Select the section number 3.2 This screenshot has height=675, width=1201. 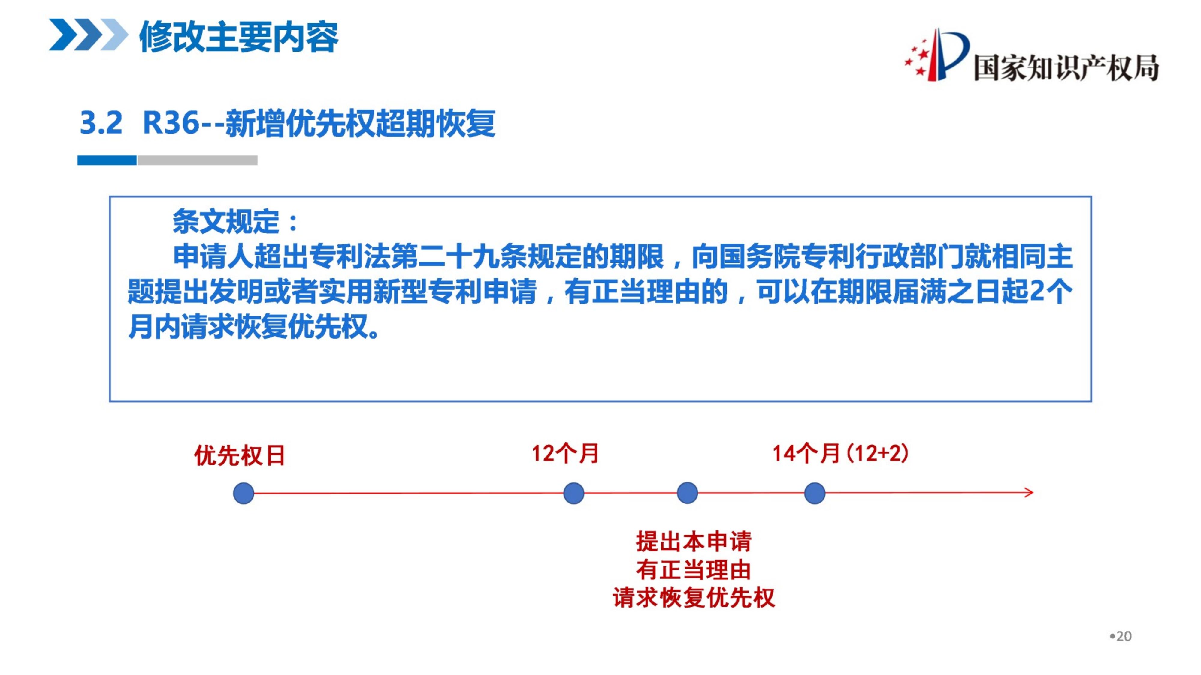pos(101,123)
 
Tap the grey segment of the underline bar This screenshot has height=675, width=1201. pos(197,160)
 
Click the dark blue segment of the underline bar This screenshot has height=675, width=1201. pos(107,160)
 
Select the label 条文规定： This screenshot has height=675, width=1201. pos(235,221)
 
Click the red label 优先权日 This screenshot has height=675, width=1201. pos(240,455)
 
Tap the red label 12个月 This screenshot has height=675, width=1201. pos(565,453)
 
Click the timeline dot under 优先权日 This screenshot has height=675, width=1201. pos(244,493)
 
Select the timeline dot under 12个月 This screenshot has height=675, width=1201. pos(573,493)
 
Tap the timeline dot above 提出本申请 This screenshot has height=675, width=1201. pos(687,493)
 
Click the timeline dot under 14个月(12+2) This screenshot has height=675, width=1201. pos(815,493)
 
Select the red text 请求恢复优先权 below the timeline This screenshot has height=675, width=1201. pos(694,598)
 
